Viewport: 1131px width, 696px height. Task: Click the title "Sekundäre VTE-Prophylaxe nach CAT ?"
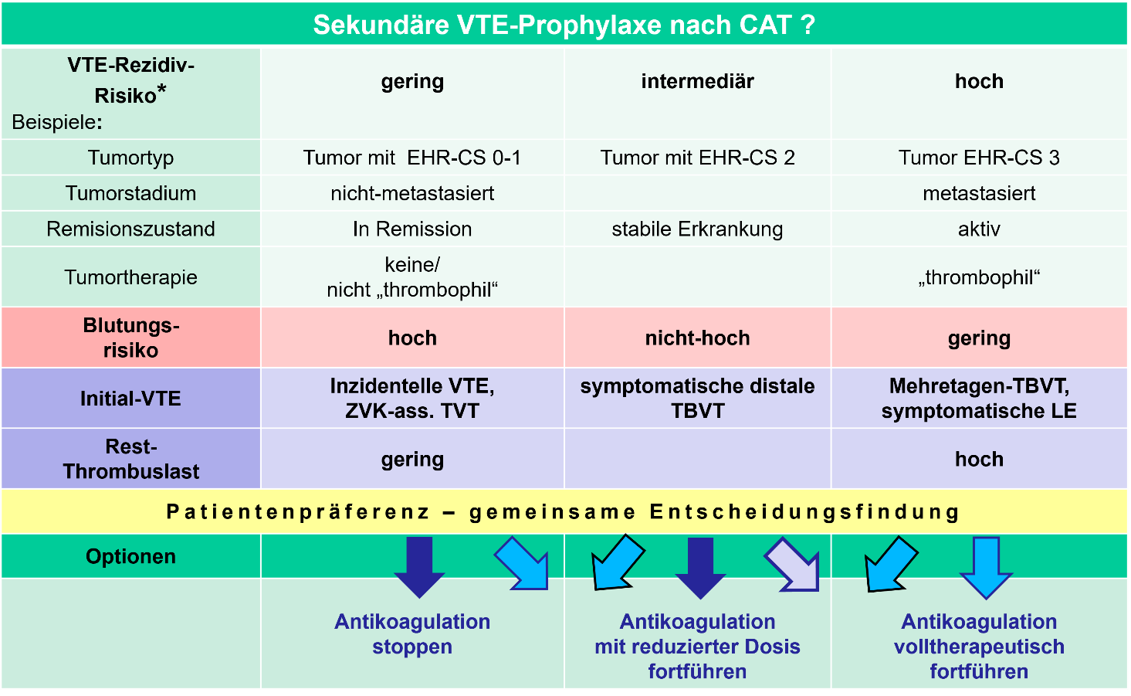[564, 25]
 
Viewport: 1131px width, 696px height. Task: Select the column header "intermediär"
[697, 81]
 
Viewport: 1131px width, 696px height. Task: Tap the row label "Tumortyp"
[130, 158]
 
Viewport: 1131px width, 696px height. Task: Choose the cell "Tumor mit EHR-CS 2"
[697, 158]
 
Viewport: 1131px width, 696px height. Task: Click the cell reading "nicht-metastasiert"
[412, 193]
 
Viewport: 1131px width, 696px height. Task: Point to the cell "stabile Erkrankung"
[697, 229]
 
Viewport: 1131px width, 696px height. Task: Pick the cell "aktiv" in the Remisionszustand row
[978, 229]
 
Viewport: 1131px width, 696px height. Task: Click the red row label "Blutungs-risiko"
[130, 338]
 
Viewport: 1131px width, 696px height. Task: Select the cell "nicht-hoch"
[697, 338]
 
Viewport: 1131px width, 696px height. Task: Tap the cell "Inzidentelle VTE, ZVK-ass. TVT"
[412, 398]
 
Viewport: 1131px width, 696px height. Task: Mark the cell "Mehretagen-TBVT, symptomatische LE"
[978, 398]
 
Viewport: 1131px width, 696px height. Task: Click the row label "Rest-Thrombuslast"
[130, 459]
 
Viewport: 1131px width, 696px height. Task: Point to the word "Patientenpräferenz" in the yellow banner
[298, 511]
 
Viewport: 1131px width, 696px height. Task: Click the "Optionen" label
[130, 556]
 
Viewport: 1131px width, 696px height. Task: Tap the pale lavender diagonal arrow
[793, 563]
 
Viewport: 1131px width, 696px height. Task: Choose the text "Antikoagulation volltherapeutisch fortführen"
[978, 646]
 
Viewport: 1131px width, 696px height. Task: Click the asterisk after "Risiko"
[161, 91]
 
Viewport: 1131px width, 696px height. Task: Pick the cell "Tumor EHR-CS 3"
[978, 158]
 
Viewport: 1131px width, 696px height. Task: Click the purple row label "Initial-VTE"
[130, 399]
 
